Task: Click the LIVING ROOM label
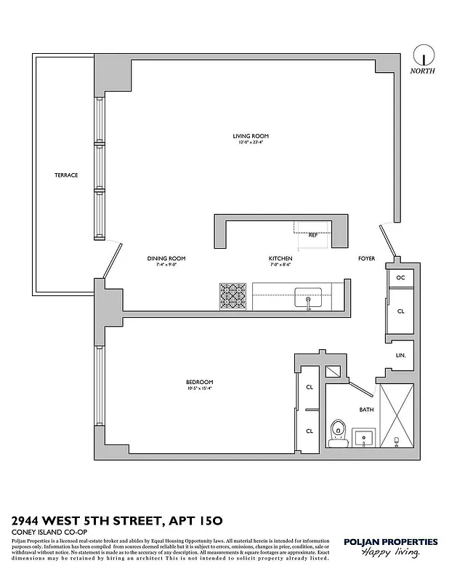[251, 136]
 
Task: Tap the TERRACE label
[65, 175]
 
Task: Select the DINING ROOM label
[166, 258]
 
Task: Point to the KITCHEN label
[280, 258]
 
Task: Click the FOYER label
[366, 258]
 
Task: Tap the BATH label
[366, 410]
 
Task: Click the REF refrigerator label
[313, 235]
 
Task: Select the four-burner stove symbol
[234, 296]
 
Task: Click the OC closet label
[400, 278]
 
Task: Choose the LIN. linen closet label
[400, 356]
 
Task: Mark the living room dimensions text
[251, 143]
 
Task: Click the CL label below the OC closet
[400, 310]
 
